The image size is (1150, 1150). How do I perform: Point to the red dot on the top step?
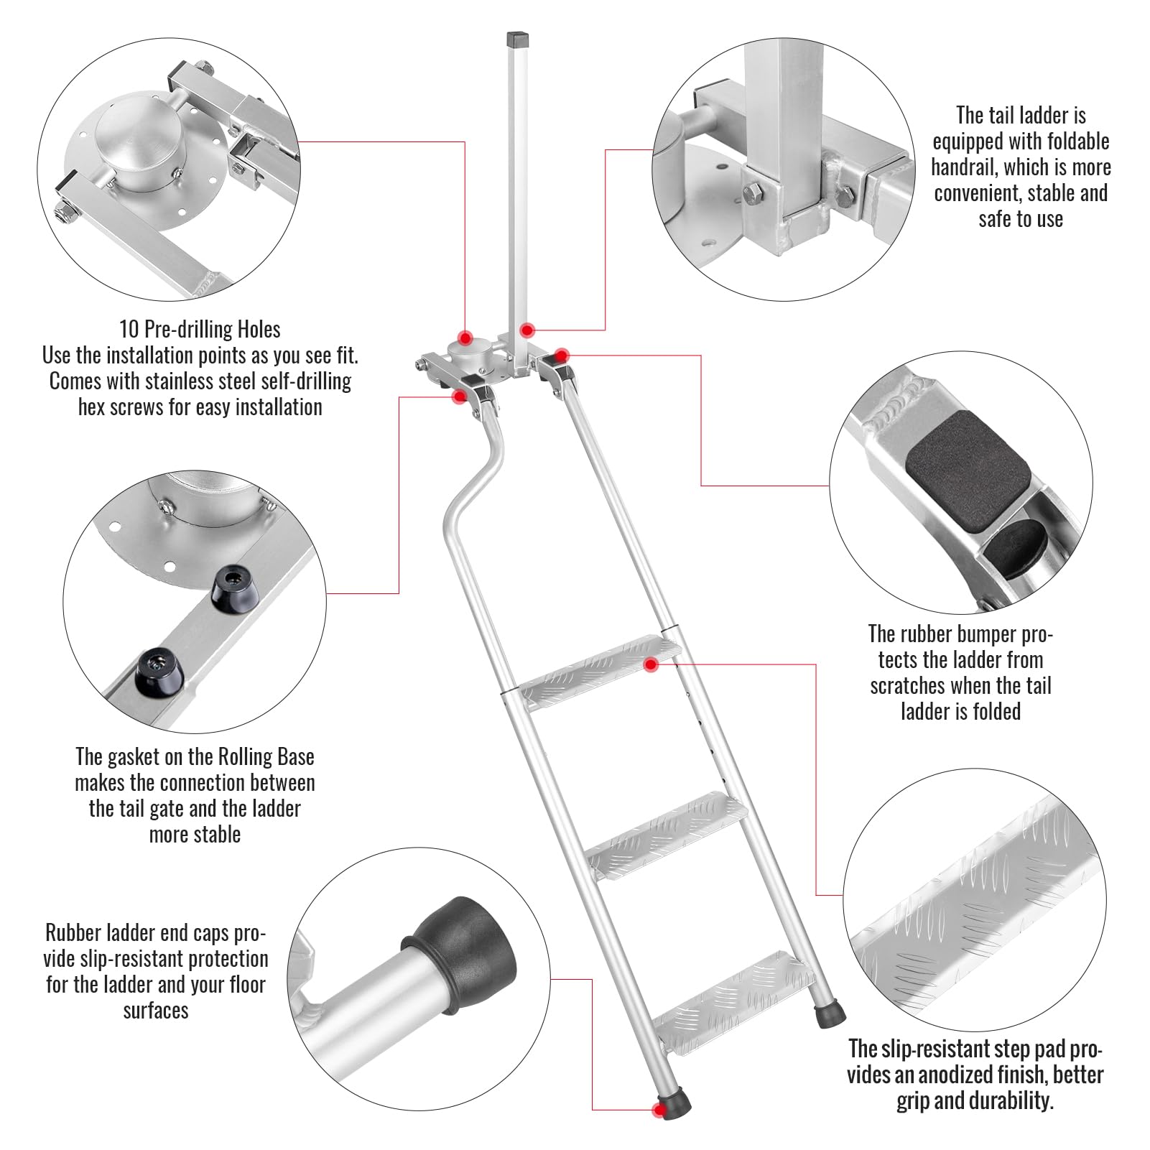650,665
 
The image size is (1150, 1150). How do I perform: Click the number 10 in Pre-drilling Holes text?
129,330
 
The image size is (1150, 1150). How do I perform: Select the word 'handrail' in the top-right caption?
964,167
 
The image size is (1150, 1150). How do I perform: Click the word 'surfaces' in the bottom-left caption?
156,1010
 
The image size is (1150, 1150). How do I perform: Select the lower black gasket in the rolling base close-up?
157,669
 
